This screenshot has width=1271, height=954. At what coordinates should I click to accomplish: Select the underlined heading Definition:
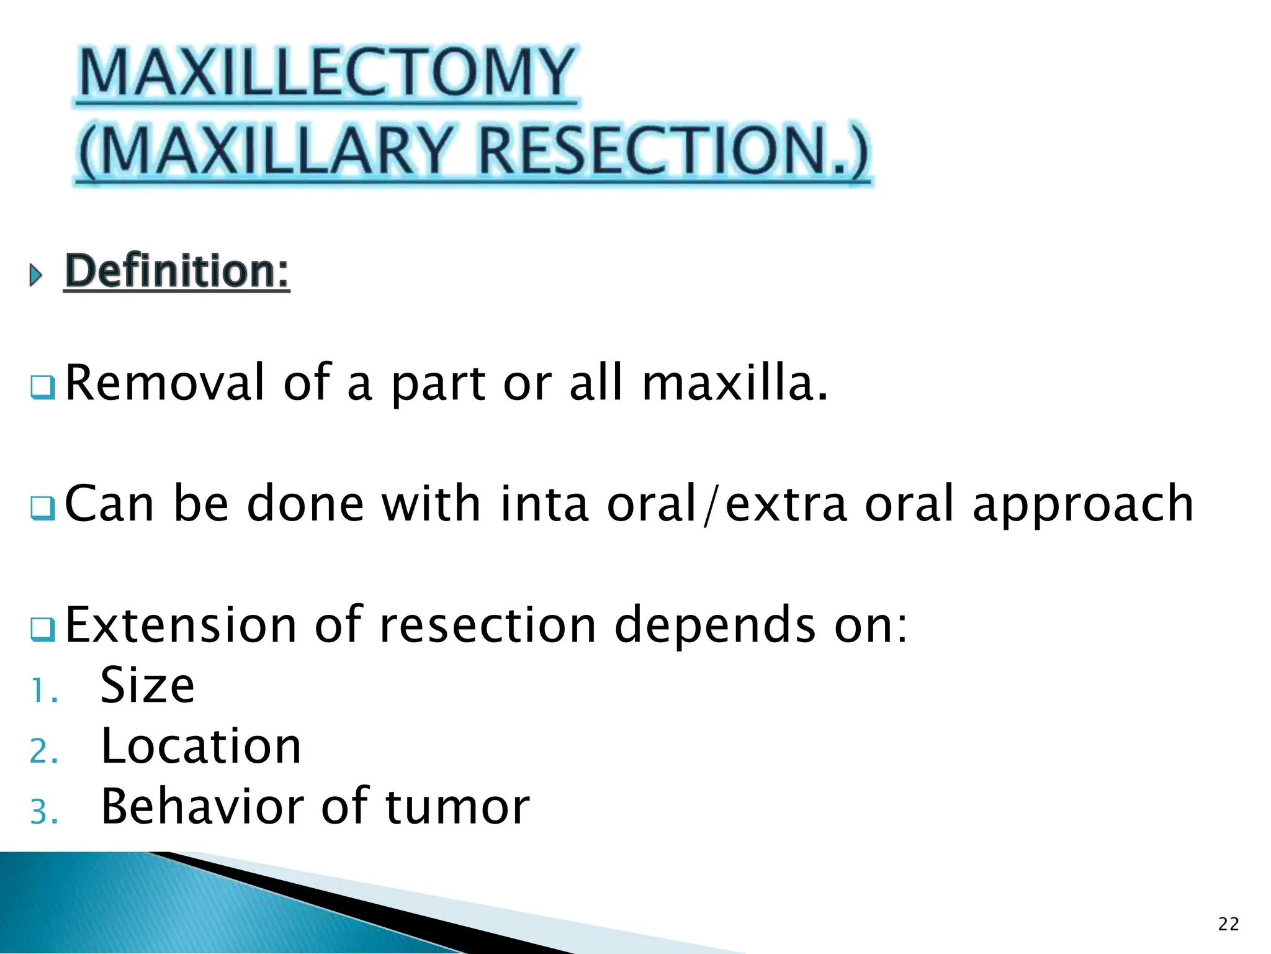[x=177, y=271]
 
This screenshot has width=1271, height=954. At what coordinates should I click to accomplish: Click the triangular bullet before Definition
[x=36, y=274]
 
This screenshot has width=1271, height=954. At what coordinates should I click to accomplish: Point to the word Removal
[x=165, y=383]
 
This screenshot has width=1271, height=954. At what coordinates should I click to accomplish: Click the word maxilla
[x=734, y=383]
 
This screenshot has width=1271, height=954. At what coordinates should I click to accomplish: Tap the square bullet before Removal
[x=43, y=388]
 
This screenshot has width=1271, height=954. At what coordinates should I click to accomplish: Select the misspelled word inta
[x=544, y=504]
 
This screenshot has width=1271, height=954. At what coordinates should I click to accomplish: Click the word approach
[x=1082, y=504]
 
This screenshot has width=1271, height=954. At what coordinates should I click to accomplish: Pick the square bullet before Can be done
[x=43, y=509]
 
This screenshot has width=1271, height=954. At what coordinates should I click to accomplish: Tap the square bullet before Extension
[x=43, y=629]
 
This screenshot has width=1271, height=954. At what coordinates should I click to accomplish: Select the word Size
[x=148, y=685]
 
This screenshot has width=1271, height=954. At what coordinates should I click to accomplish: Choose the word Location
[x=201, y=745]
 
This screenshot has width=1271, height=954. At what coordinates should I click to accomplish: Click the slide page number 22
[x=1228, y=924]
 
